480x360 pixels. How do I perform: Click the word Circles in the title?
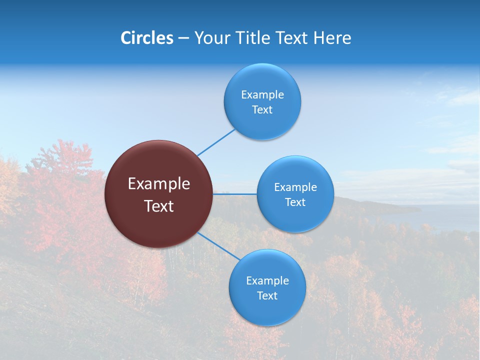147,38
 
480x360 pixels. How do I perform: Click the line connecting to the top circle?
216,142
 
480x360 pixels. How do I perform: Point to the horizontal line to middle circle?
235,194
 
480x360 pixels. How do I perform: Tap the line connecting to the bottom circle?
218,246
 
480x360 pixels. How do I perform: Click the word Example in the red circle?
159,184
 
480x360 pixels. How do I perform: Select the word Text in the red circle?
159,206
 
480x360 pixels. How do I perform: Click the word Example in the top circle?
262,94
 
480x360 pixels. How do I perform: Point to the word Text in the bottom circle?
267,295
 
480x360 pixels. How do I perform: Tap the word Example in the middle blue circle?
295,187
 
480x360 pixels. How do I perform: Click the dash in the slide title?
183,38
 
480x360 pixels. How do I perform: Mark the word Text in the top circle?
262,109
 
